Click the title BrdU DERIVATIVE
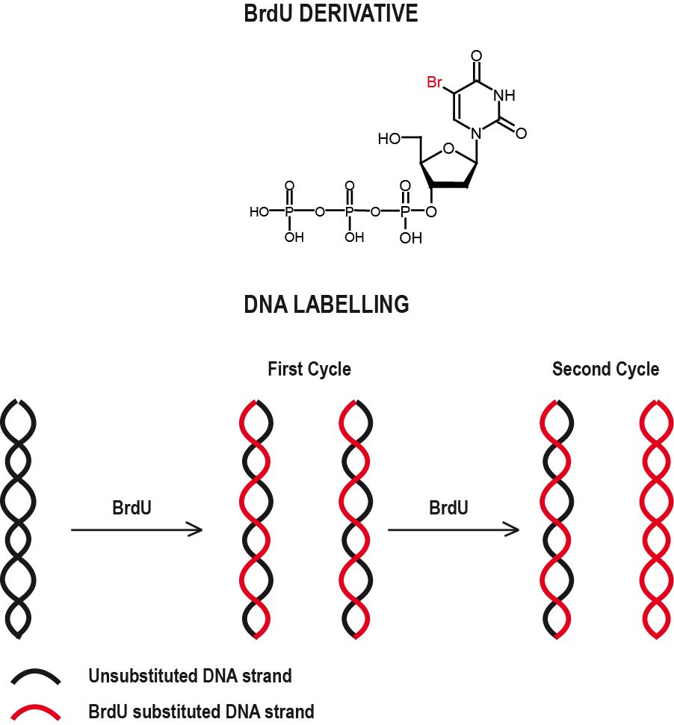tap(331, 13)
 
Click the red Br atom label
tap(434, 82)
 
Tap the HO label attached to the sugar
tap(389, 139)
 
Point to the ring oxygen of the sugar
tap(448, 149)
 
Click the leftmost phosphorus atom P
tap(289, 212)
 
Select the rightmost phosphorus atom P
tap(405, 212)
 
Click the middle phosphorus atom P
tap(348, 212)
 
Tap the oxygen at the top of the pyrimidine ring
tap(477, 56)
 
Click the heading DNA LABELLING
tap(327, 305)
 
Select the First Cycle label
tap(309, 369)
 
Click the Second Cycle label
tap(605, 369)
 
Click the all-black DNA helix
tap(19, 518)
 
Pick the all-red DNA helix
tap(658, 518)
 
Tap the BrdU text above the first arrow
tap(132, 508)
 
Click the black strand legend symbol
tap(36, 677)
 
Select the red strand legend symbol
tap(36, 712)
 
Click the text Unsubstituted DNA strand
tap(190, 676)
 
